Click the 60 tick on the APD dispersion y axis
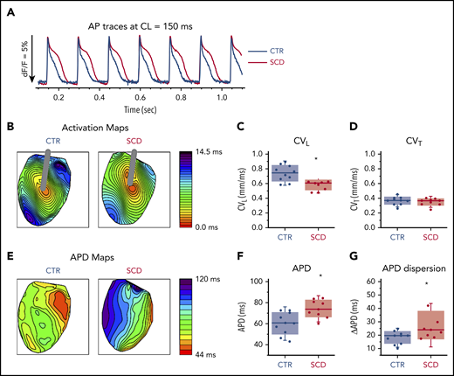coord(364,282)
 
